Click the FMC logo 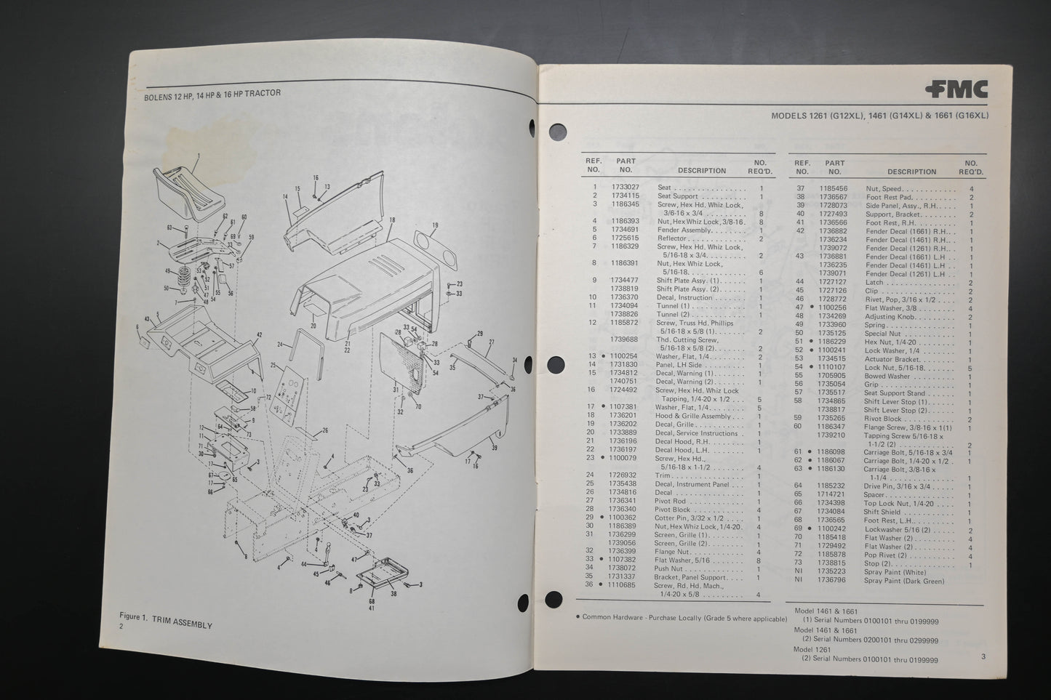pyautogui.click(x=957, y=89)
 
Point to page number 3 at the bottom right pyautogui.click(x=982, y=658)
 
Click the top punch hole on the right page pyautogui.click(x=558, y=132)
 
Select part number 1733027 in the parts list pyautogui.click(x=626, y=188)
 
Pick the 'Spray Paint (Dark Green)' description pyautogui.click(x=905, y=581)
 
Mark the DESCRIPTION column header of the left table pyautogui.click(x=701, y=171)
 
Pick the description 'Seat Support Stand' pyautogui.click(x=895, y=393)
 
